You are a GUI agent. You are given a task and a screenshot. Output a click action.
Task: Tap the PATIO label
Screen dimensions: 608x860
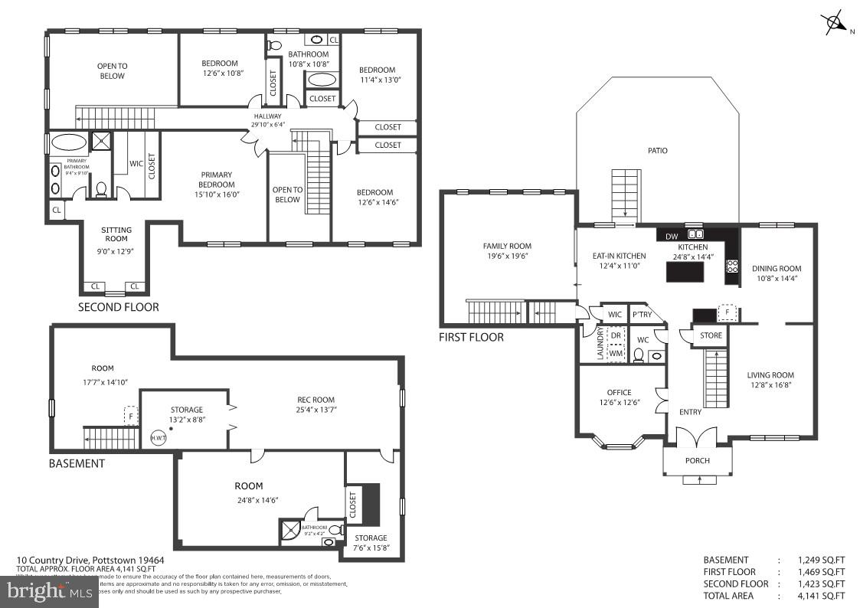tap(657, 151)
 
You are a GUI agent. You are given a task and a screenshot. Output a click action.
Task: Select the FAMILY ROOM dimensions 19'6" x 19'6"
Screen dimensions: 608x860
tap(507, 257)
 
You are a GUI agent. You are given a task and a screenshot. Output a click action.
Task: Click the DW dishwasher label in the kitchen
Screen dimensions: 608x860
tap(672, 236)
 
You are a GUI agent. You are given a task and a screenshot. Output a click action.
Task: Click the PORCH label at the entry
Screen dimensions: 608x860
tap(697, 460)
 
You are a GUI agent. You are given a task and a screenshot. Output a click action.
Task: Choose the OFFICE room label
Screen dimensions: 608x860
tap(619, 393)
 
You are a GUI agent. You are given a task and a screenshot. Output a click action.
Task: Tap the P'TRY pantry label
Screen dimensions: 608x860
tap(641, 315)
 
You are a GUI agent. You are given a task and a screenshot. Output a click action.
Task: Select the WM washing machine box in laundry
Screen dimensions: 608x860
tap(615, 353)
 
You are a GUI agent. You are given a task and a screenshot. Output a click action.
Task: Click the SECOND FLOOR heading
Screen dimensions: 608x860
tap(119, 307)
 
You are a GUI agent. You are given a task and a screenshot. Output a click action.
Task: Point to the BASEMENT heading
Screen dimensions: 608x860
tap(77, 463)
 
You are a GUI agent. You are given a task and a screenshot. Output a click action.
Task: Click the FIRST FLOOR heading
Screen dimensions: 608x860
tap(471, 337)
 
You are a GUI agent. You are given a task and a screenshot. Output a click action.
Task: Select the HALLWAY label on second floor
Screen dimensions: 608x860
tap(268, 116)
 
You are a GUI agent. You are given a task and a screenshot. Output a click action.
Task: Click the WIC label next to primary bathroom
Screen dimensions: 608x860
tap(136, 163)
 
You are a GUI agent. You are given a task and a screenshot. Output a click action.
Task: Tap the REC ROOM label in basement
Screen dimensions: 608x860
tap(316, 400)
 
